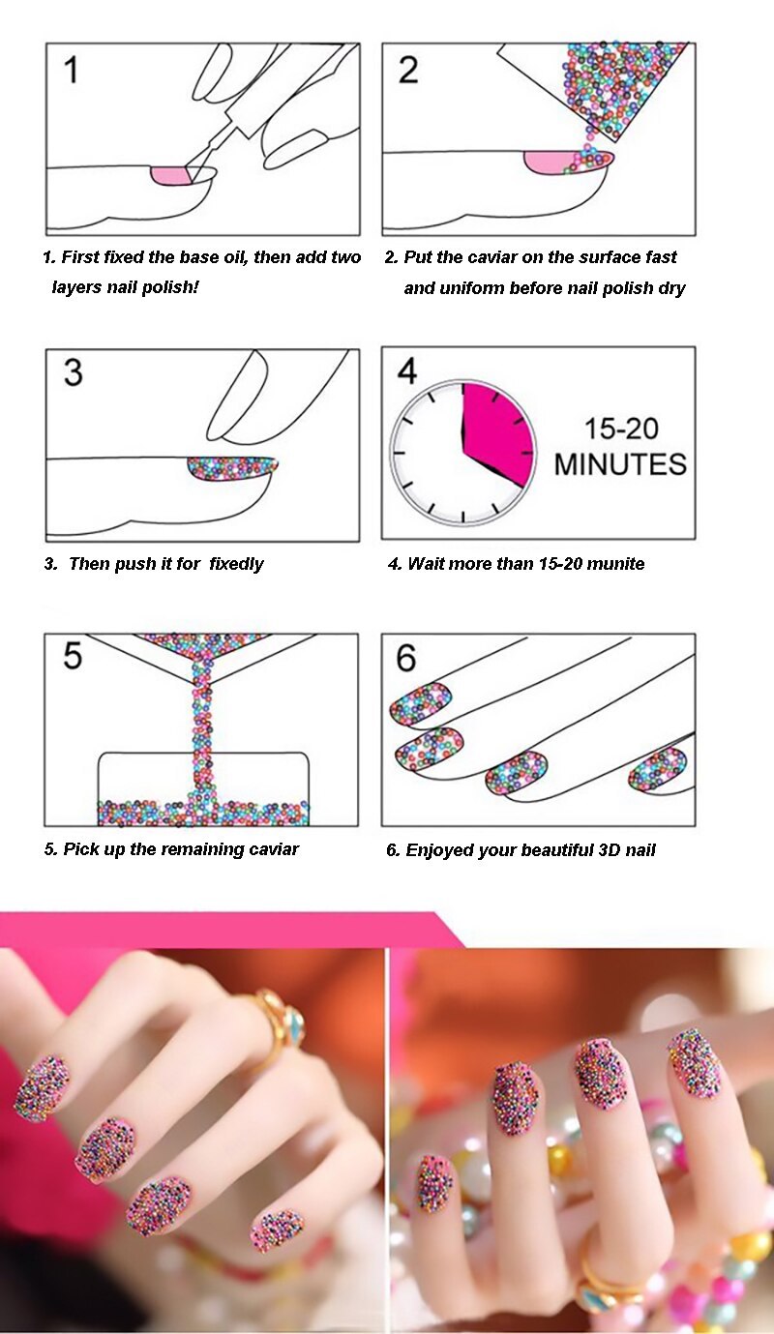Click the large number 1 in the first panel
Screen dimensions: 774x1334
tap(72, 71)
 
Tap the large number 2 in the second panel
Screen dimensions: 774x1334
tap(408, 70)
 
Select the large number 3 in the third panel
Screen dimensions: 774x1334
tap(73, 373)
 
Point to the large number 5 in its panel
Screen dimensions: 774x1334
tap(73, 656)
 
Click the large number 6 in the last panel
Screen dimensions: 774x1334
tap(405, 659)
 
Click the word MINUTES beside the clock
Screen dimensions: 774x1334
tap(620, 464)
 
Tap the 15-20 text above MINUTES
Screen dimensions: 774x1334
tap(621, 429)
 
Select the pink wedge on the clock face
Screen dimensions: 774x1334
tap(495, 433)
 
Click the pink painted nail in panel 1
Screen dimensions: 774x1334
tap(171, 176)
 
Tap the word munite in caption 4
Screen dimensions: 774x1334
tap(615, 564)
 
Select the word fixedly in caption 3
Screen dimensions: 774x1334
tap(236, 564)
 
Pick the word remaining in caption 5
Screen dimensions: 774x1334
tap(210, 849)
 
